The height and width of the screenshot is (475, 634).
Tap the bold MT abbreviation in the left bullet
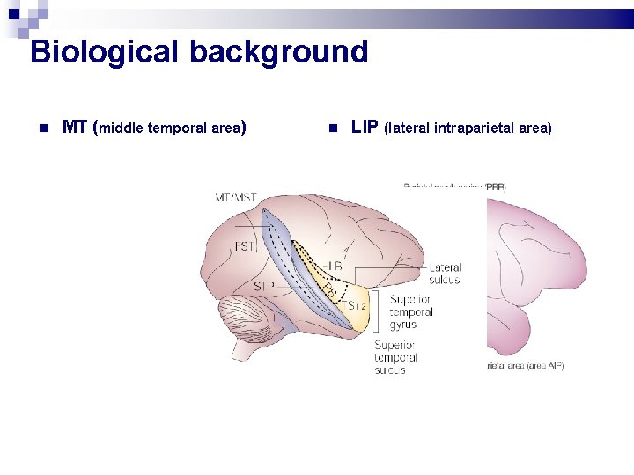(75, 128)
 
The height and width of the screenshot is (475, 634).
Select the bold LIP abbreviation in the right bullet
(365, 128)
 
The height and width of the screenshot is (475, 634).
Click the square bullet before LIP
(332, 128)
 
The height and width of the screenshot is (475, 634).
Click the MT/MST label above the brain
(236, 197)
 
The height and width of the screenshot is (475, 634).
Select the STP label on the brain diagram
(263, 287)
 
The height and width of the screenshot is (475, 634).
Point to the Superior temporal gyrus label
(412, 312)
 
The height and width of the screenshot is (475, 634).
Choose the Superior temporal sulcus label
(395, 357)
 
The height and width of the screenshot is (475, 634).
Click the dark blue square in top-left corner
(12, 14)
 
